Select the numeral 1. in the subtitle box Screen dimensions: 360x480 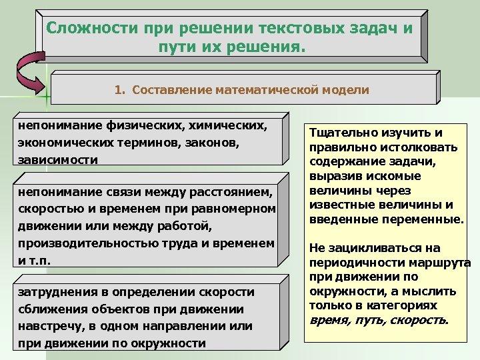click(x=119, y=89)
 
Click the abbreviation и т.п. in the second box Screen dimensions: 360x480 click(x=30, y=261)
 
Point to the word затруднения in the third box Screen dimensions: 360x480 click(x=56, y=292)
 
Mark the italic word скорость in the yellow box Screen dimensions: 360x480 click(x=423, y=320)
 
